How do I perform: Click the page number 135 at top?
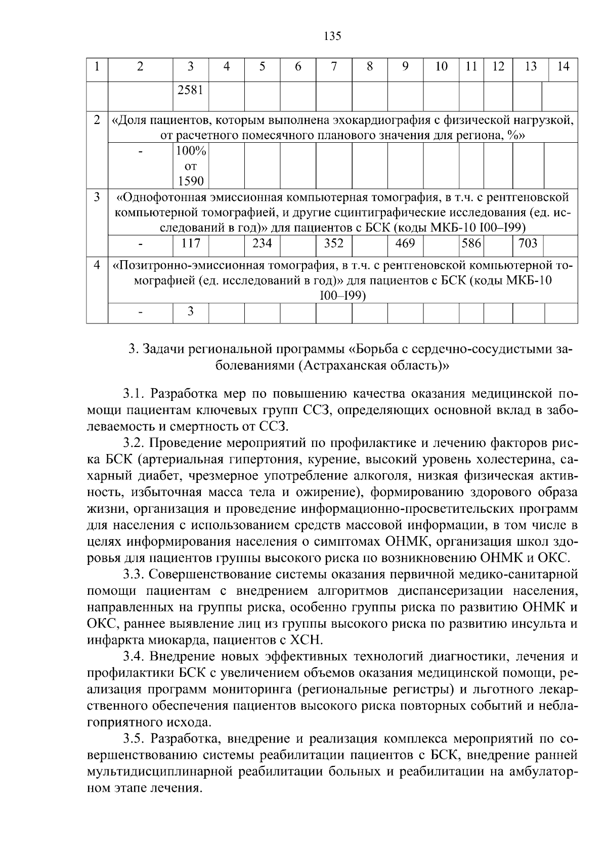pos(332,36)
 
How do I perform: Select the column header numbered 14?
pos(563,67)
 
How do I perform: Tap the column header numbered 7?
pos(334,67)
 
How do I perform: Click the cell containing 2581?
pos(190,91)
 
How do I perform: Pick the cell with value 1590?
pos(190,181)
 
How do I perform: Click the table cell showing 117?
pos(190,243)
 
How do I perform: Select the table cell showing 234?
pos(262,243)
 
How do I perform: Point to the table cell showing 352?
pos(334,243)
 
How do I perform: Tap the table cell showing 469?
pos(405,243)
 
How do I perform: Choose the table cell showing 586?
pos(471,243)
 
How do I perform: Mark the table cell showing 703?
pos(528,243)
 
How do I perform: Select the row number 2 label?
pos(97,121)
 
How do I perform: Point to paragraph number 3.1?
pos(134,394)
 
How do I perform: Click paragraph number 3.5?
pos(134,739)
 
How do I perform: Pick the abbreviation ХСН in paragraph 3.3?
pos(306,640)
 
